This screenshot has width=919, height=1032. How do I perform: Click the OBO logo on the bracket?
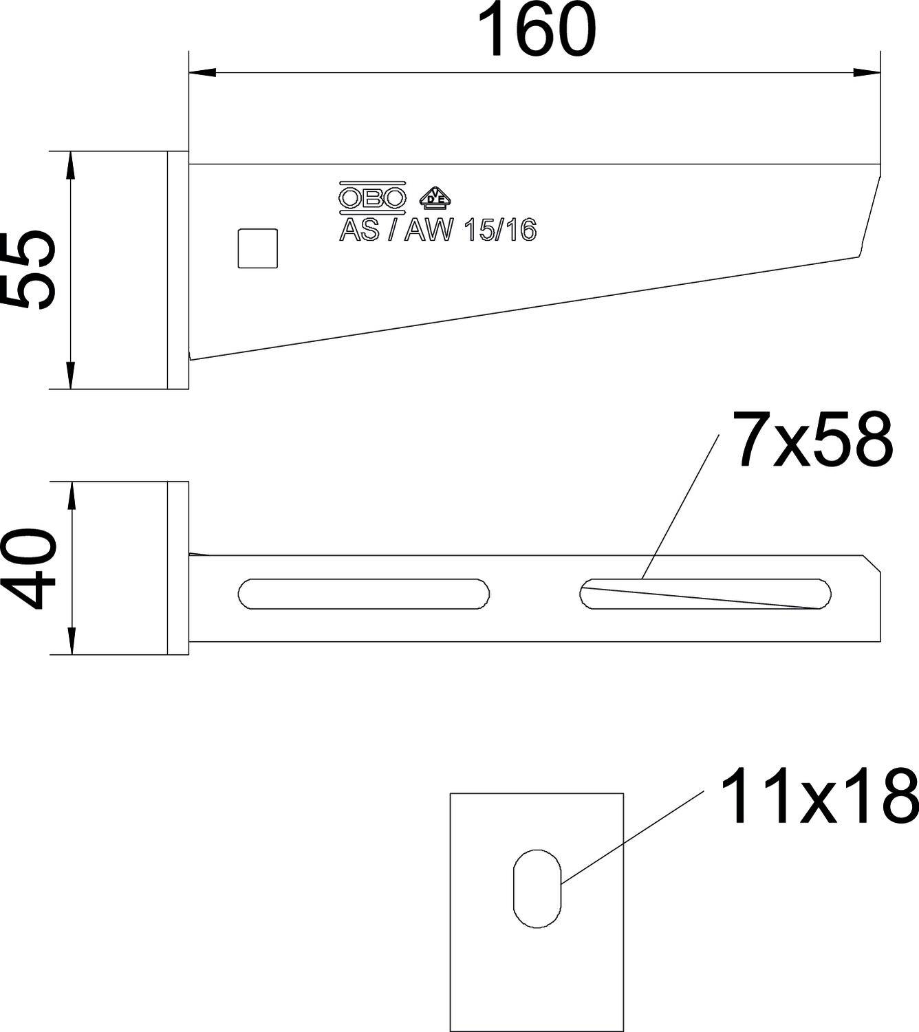point(372,197)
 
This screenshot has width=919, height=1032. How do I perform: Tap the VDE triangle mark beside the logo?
point(435,197)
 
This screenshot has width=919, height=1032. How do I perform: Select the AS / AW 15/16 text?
point(437,230)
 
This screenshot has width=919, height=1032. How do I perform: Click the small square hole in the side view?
point(258,248)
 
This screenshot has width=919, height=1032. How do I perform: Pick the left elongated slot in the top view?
point(364,594)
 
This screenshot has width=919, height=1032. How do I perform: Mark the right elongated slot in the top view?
point(706,594)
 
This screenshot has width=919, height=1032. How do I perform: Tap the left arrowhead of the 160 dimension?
point(202,72)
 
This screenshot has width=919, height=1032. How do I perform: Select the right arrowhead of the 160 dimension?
point(867,72)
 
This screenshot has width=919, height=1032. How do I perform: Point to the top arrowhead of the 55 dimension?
point(69,164)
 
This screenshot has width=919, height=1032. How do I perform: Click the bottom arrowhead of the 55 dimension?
point(69,376)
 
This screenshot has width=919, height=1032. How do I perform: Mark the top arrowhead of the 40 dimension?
point(69,494)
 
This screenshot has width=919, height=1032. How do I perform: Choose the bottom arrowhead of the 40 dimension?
point(69,642)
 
